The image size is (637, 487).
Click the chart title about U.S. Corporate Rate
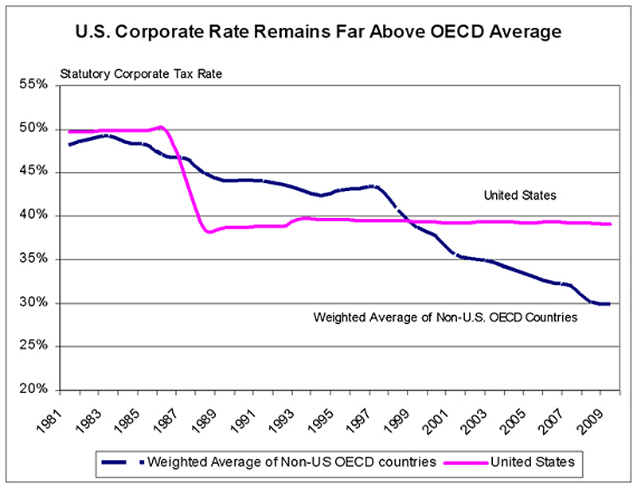pyautogui.click(x=318, y=33)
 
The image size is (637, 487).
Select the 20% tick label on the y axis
pyautogui.click(x=34, y=390)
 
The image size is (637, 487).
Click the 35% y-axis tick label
pyautogui.click(x=34, y=259)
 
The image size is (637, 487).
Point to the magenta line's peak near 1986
pyautogui.click(x=161, y=127)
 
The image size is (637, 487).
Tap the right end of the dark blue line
pyautogui.click(x=610, y=303)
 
